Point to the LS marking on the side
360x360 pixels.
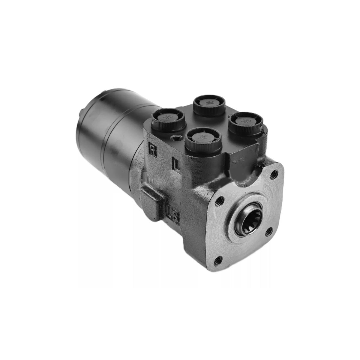point(173,213)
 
